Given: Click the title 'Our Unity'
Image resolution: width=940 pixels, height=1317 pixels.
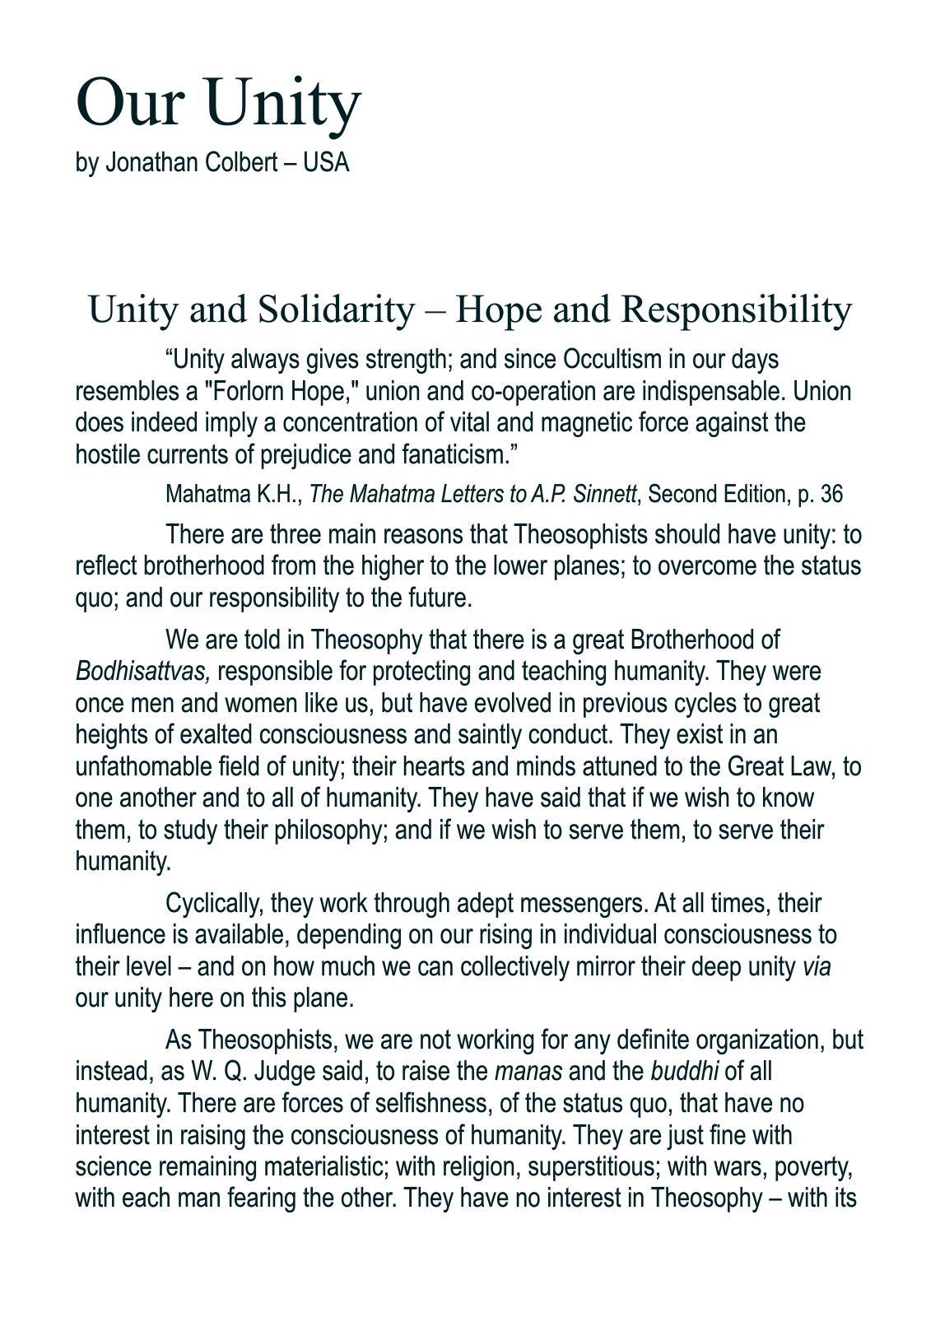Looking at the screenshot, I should pos(218,102).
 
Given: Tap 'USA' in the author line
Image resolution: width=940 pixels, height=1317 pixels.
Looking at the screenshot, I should pos(327,163).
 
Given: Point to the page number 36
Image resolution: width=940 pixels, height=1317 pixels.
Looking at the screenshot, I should pos(831,494).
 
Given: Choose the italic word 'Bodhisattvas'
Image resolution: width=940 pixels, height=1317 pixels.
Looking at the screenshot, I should pos(142,672).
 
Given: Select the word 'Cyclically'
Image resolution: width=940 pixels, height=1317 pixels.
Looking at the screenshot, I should pos(214,904).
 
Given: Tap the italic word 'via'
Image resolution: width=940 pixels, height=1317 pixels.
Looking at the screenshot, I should pos(817,967).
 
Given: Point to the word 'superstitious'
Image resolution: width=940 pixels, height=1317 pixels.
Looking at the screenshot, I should pos(593,1167).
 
